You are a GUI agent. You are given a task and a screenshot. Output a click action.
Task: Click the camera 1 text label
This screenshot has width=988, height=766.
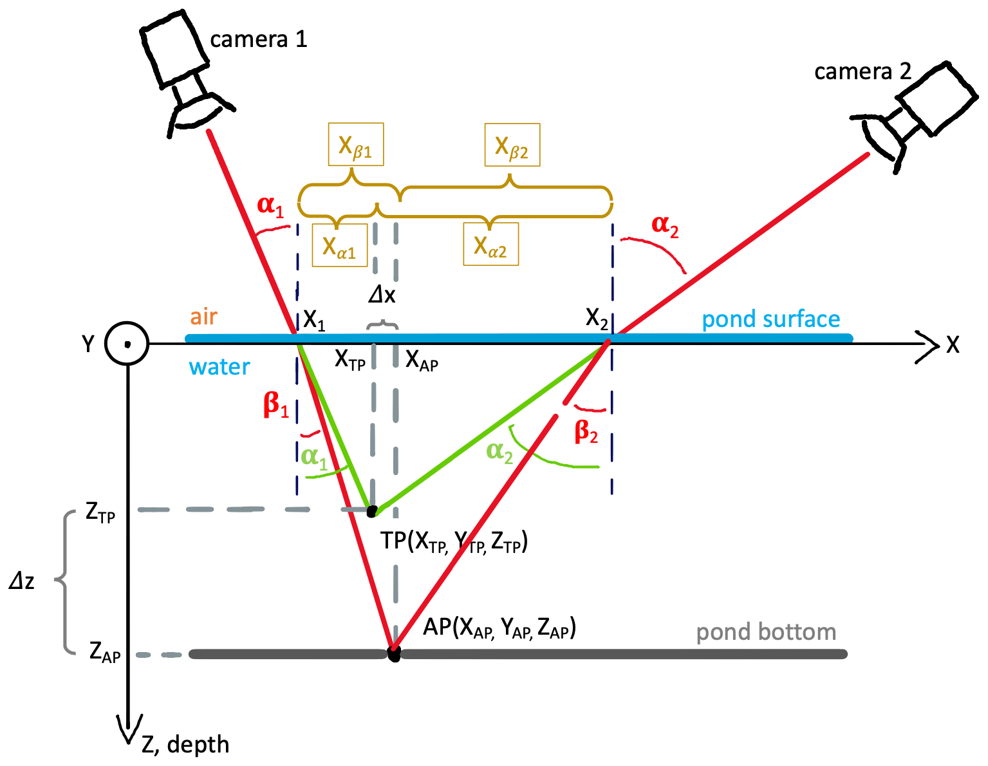click(x=259, y=40)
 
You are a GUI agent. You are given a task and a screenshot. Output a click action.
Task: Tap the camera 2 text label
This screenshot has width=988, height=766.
click(x=862, y=71)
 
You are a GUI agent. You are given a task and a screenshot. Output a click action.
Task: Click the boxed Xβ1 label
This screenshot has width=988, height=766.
click(x=355, y=145)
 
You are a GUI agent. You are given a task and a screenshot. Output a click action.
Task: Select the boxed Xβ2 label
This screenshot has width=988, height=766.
click(x=512, y=145)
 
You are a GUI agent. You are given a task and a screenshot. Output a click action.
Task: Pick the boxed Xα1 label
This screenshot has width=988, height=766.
click(x=339, y=245)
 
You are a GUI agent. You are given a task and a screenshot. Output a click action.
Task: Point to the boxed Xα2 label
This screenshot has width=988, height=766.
click(x=490, y=245)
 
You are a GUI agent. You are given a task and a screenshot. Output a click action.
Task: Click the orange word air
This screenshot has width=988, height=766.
click(x=203, y=317)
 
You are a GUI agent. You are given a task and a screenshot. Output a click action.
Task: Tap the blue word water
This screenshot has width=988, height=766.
click(x=219, y=367)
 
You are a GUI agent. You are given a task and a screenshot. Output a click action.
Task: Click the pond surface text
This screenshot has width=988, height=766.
click(x=770, y=319)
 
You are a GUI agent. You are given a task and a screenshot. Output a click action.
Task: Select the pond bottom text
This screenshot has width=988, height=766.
click(x=766, y=632)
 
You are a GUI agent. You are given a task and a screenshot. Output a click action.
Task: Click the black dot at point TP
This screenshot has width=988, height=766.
click(x=371, y=511)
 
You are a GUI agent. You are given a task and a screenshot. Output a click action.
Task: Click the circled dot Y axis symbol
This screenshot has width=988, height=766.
click(x=127, y=344)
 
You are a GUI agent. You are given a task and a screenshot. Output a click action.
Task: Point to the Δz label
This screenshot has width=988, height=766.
click(x=22, y=581)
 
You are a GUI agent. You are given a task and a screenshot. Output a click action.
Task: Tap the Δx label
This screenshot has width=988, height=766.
click(x=382, y=295)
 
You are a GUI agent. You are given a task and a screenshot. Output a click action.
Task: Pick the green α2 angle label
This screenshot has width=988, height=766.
click(x=499, y=451)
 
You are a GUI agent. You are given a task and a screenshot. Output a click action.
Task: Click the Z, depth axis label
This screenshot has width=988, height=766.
click(x=185, y=745)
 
